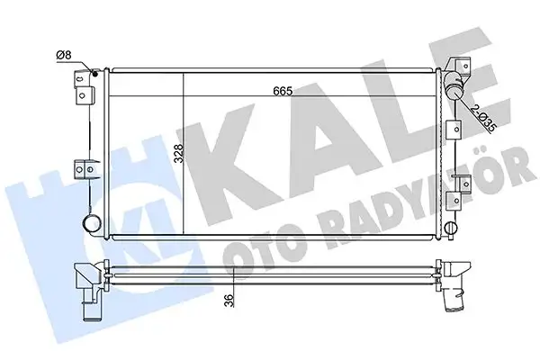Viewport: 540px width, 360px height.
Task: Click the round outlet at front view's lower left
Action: (90, 222)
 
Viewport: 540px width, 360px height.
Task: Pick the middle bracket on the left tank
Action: (85, 168)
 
